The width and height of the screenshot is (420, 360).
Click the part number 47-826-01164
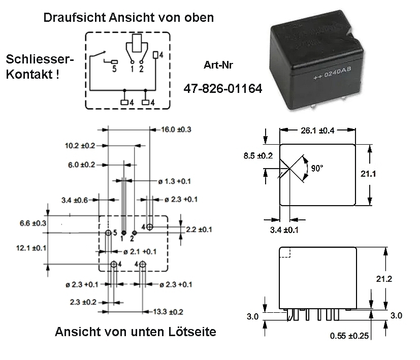point(223,89)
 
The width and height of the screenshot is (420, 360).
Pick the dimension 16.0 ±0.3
point(177,129)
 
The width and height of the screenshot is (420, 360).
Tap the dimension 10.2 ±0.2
point(80,146)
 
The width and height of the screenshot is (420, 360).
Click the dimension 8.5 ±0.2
point(259,155)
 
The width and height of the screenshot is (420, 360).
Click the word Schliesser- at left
point(40,59)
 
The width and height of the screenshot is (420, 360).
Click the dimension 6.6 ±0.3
point(33,223)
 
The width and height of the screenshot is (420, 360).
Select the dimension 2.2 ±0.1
point(198,230)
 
